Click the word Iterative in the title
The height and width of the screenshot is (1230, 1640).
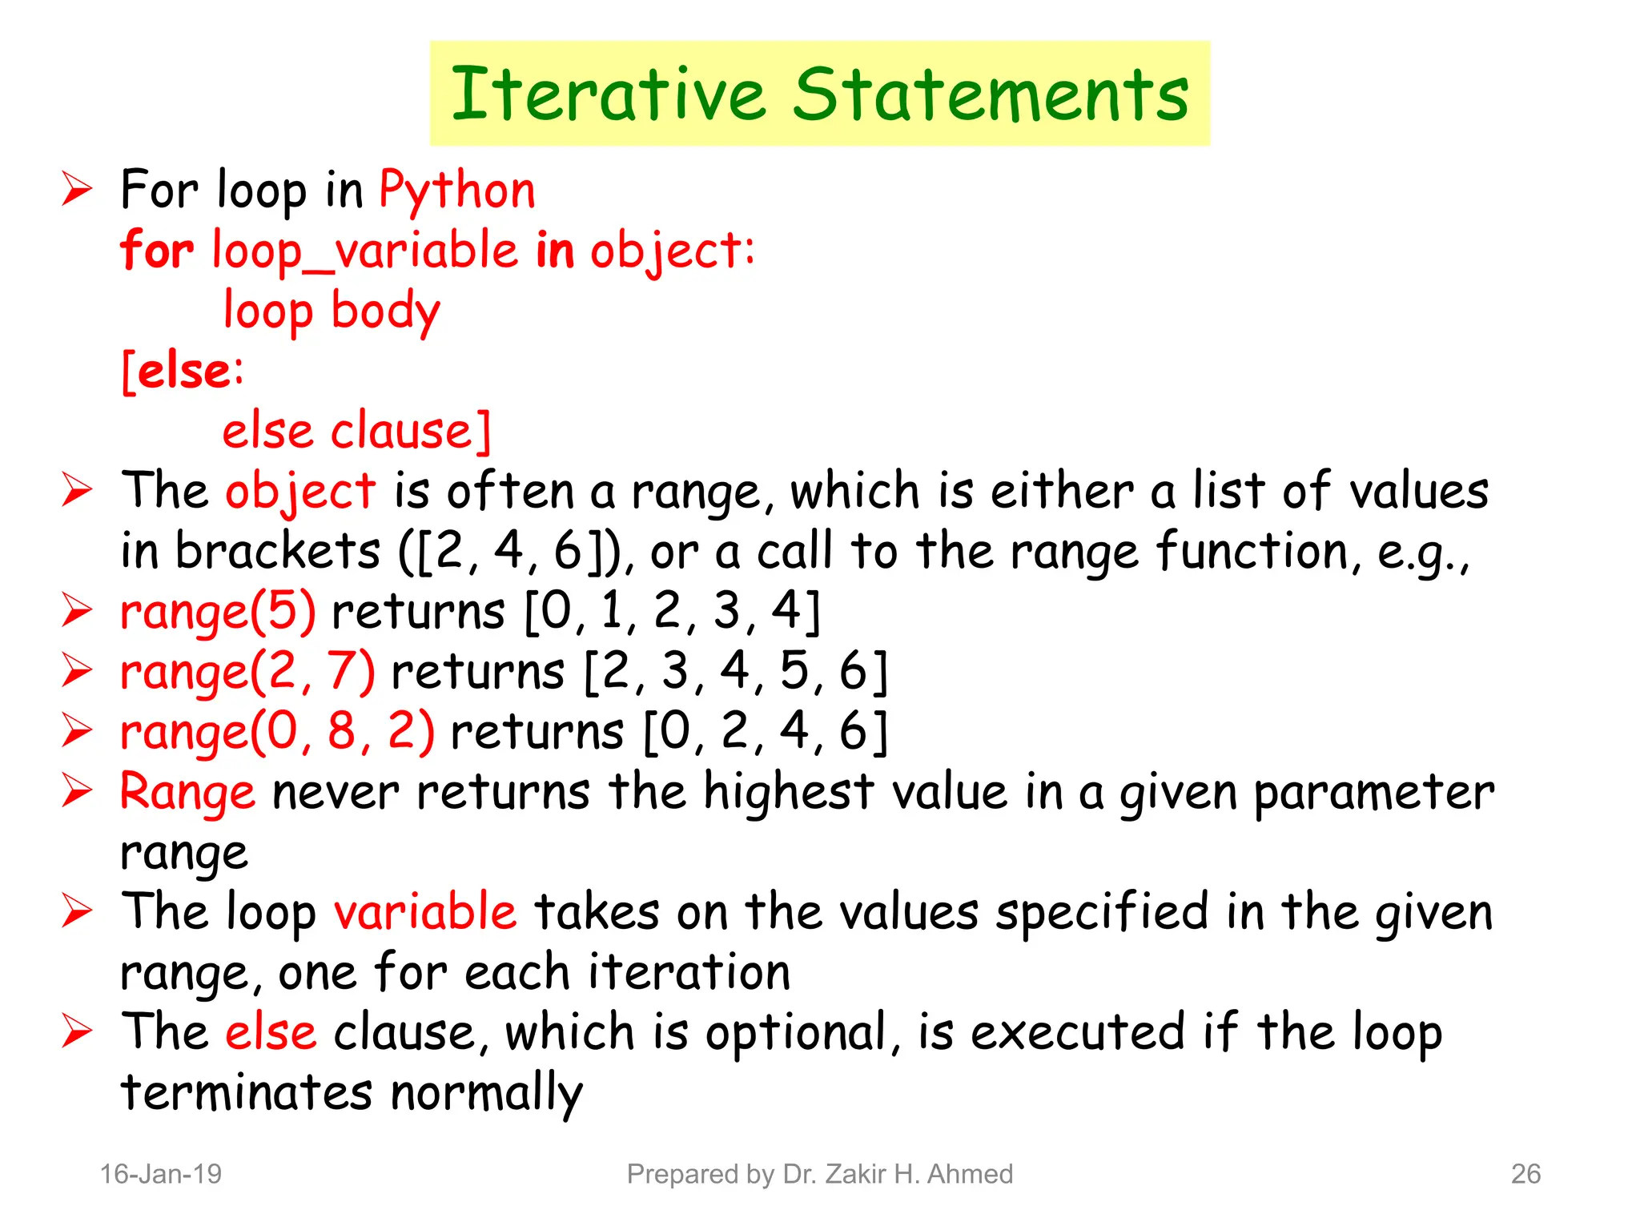click(x=609, y=94)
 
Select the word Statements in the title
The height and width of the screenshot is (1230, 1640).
click(x=991, y=94)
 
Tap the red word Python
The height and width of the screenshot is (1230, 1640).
click(x=456, y=192)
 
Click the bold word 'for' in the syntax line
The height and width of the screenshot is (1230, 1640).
click(x=157, y=250)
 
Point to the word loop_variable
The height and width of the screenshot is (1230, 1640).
click(x=365, y=251)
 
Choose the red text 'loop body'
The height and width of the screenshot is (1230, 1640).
click(x=332, y=312)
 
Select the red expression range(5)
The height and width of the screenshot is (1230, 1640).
click(x=218, y=613)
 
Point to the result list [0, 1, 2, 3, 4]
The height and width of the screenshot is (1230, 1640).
click(x=673, y=613)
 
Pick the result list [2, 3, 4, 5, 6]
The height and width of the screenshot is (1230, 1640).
click(x=736, y=673)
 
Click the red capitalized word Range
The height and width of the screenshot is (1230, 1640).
click(x=187, y=793)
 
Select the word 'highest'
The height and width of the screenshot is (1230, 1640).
click(x=788, y=793)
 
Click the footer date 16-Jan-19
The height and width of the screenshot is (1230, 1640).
click(x=160, y=1174)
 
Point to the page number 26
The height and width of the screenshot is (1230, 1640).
click(x=1525, y=1174)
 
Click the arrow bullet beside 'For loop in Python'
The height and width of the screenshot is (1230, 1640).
click(x=78, y=190)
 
